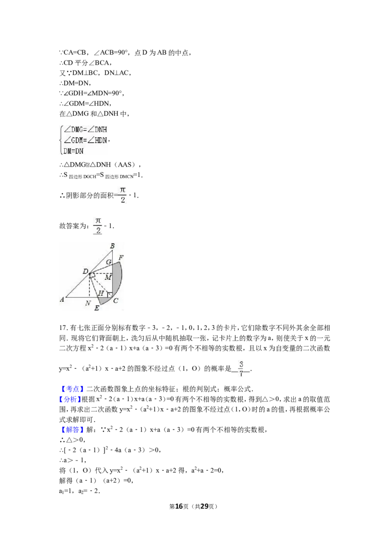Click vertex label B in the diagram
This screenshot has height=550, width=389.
tap(112, 246)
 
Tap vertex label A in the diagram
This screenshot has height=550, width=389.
tap(62, 299)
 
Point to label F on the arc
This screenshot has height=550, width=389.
tap(121, 258)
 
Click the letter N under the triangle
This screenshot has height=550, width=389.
tap(88, 303)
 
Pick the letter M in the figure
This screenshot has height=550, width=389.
tap(108, 277)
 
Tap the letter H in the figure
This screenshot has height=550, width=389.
tap(101, 293)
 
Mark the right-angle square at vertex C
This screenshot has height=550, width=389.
tap(110, 294)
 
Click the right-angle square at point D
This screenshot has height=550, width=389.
tap(92, 275)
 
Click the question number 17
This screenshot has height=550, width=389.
tap(63, 328)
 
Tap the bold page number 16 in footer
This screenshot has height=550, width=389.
tap(179, 506)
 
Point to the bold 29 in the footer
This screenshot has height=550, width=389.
tap(204, 506)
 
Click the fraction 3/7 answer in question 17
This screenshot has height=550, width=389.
tap(241, 368)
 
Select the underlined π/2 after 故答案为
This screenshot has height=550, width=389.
tap(98, 225)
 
